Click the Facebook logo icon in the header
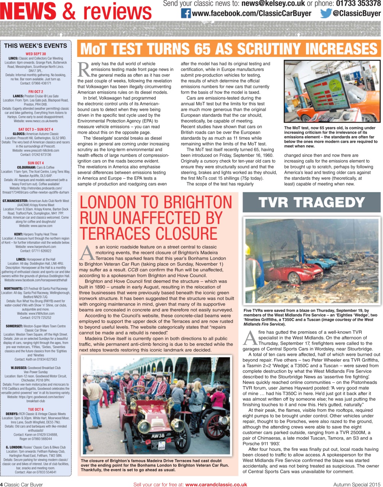click(186, 13)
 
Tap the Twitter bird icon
click(326, 13)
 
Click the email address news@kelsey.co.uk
click(273, 4)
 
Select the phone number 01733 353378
click(358, 4)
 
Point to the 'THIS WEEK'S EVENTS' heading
click(35, 46)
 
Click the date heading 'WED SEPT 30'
click(35, 54)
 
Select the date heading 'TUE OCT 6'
click(35, 409)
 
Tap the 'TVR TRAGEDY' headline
click(311, 202)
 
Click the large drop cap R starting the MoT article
click(84, 69)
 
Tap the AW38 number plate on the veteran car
click(158, 436)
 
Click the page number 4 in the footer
click(2, 484)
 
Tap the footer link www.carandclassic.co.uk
click(216, 484)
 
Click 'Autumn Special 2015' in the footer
click(356, 484)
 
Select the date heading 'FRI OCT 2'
click(35, 92)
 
